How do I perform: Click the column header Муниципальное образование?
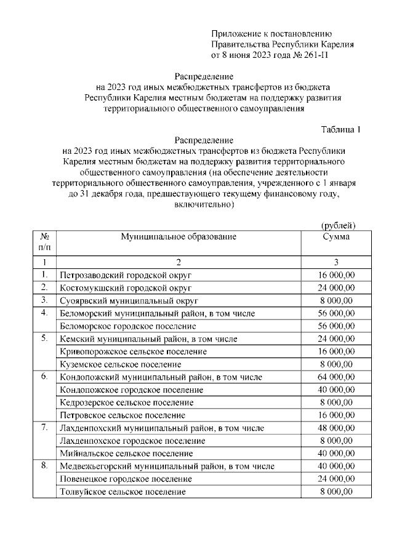click(179, 236)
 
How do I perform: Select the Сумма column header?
click(336, 236)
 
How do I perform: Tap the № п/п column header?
click(44, 241)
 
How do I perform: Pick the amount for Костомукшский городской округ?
click(336, 288)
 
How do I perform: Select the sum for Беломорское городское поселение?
click(336, 326)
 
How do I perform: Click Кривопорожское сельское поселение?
click(133, 351)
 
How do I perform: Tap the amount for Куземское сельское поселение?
click(336, 364)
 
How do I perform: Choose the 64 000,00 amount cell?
click(336, 377)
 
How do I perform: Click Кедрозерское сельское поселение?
click(127, 403)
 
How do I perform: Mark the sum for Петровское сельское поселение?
click(336, 415)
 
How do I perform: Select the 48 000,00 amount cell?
click(336, 428)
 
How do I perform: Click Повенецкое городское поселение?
click(126, 479)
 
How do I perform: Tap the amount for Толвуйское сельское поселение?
click(336, 492)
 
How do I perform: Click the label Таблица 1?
click(340, 129)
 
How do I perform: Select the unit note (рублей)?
click(339, 225)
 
